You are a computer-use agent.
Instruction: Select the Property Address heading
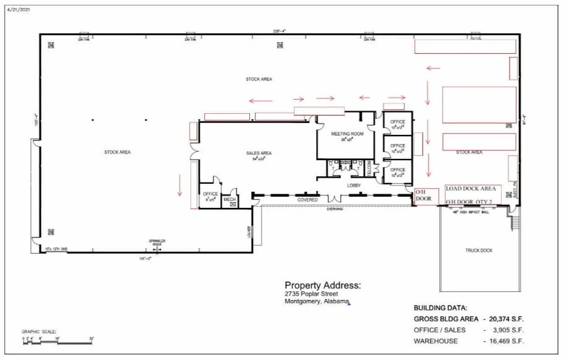(x=322, y=286)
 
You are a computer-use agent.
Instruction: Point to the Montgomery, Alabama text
(x=316, y=302)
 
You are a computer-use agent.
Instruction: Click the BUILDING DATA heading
(x=440, y=307)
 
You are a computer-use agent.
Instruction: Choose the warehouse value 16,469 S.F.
(x=507, y=341)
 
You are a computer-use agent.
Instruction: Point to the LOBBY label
(x=353, y=185)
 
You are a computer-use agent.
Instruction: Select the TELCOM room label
(x=369, y=168)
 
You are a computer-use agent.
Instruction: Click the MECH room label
(x=229, y=199)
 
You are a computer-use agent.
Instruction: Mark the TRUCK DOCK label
(x=479, y=251)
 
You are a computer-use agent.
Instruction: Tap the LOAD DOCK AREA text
(x=471, y=189)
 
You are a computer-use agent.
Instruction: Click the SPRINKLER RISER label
(x=157, y=242)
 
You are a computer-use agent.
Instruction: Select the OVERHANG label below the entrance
(x=335, y=209)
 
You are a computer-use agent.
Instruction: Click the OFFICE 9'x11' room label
(x=210, y=197)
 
